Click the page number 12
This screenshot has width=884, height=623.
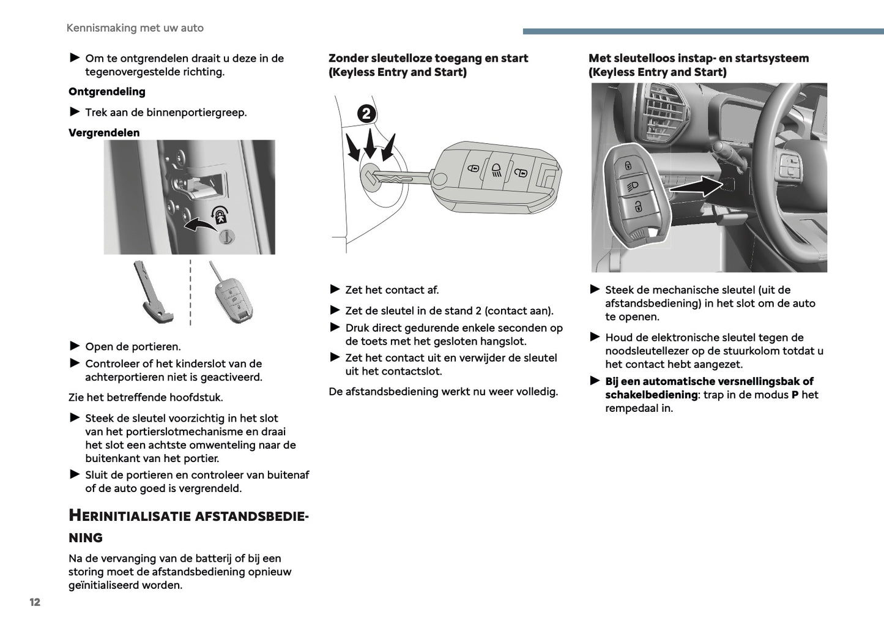35,602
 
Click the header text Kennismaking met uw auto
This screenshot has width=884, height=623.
135,28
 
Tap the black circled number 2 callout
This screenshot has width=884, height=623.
366,113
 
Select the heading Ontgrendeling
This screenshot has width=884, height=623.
107,92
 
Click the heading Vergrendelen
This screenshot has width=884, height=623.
104,133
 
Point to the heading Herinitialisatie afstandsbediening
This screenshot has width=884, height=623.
188,526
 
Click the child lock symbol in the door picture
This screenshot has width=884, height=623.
219,214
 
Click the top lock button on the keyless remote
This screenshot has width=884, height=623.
628,165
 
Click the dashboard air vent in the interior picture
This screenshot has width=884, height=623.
664,113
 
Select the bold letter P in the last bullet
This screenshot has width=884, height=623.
795,395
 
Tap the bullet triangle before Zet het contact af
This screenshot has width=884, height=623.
335,289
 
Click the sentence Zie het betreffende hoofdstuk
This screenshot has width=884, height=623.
146,398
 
